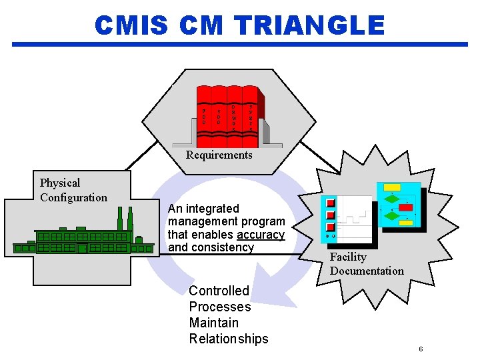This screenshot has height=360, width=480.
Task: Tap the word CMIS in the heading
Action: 131,25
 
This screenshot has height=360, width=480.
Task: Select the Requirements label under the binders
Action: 219,155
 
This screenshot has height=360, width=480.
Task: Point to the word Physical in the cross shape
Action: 60,183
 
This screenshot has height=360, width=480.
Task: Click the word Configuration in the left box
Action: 73,197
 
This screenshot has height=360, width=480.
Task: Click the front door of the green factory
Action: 82,249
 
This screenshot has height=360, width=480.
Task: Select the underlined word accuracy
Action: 261,235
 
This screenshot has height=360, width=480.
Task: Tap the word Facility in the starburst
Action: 348,257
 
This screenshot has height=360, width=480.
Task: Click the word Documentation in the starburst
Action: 367,271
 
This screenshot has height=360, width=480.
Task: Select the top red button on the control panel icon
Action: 329,203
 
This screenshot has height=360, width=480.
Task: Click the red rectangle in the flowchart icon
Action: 405,208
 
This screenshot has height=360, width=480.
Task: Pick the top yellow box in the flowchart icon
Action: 392,187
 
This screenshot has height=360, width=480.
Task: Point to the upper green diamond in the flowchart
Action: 393,199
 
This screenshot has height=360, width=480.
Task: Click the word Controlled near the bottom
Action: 219,291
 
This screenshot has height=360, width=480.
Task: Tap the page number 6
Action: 421,349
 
